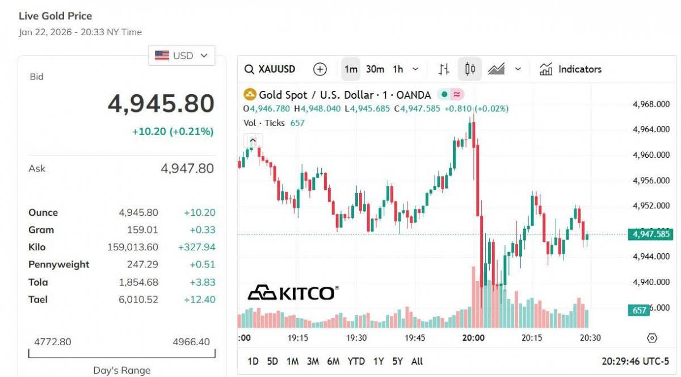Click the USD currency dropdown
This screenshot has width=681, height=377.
click(182, 56)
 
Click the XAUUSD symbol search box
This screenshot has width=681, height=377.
click(270, 69)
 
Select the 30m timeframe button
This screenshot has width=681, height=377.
click(375, 69)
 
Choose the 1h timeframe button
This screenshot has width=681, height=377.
click(398, 69)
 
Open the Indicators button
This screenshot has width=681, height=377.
click(570, 69)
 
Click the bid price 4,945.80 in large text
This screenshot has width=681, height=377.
click(161, 104)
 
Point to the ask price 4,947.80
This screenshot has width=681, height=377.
click(187, 168)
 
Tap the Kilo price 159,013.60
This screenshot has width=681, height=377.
click(133, 247)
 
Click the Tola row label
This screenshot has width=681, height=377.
click(38, 282)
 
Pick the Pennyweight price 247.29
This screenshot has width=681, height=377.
click(143, 265)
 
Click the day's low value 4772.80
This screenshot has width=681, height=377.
click(53, 342)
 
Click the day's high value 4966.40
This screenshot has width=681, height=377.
click(191, 342)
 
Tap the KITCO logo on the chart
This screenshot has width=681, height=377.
click(293, 292)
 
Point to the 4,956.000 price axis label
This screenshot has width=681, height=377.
click(651, 181)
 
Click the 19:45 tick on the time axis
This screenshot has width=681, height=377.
click(415, 337)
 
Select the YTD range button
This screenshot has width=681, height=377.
click(356, 361)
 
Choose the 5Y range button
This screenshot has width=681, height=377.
click(397, 361)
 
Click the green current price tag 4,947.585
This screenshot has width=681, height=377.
click(650, 234)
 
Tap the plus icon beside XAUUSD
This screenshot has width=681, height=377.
click(320, 69)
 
